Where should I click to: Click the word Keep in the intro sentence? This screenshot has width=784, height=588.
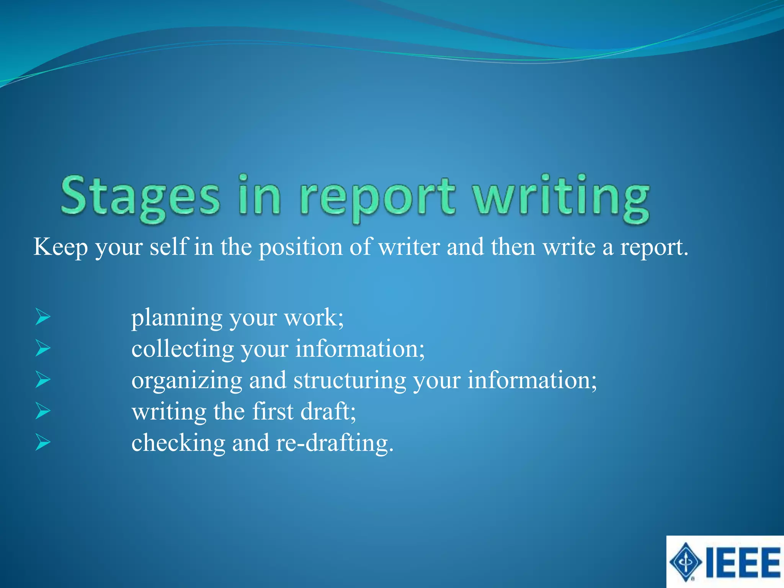pyautogui.click(x=60, y=247)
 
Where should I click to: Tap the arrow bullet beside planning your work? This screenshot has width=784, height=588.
pyautogui.click(x=43, y=317)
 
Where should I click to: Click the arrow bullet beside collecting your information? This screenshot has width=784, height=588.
pyautogui.click(x=43, y=348)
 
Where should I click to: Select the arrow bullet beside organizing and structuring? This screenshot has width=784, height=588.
pyautogui.click(x=43, y=380)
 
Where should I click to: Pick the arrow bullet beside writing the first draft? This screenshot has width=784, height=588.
pyautogui.click(x=43, y=411)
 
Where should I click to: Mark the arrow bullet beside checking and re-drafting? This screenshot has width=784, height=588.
pyautogui.click(x=43, y=443)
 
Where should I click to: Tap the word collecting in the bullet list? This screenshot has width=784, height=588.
pyautogui.click(x=183, y=349)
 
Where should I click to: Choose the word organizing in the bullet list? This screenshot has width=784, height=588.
pyautogui.click(x=187, y=381)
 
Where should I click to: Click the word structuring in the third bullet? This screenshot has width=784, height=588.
pyautogui.click(x=350, y=381)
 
